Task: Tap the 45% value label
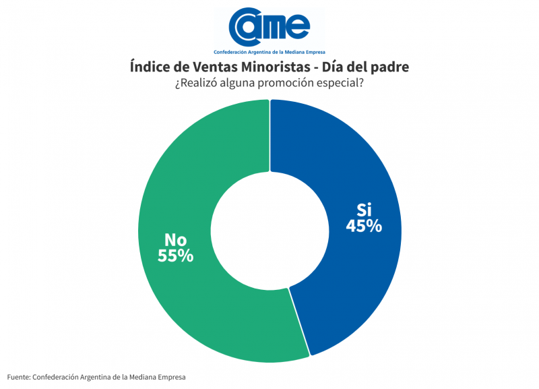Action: [364, 226]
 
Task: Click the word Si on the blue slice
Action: [364, 208]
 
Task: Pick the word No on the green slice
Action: [176, 239]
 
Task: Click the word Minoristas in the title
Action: [282, 67]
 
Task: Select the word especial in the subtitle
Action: [340, 84]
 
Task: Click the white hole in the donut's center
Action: [269, 229]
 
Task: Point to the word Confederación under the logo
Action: [233, 52]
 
